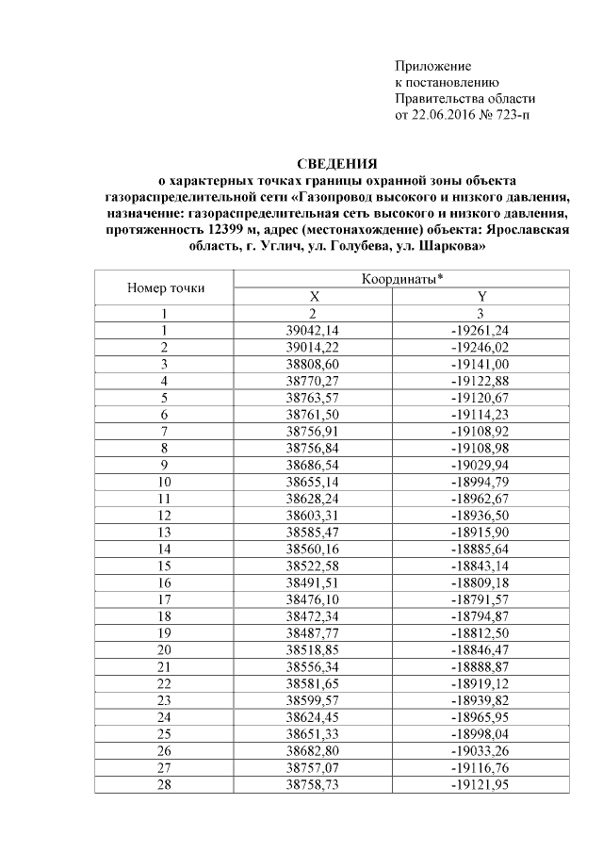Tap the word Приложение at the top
pyautogui.click(x=432, y=67)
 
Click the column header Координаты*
pyautogui.click(x=402, y=280)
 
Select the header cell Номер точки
pyautogui.click(x=165, y=288)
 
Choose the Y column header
pyautogui.click(x=481, y=297)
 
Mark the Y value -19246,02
pyautogui.click(x=481, y=347)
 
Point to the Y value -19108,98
pyautogui.click(x=481, y=448)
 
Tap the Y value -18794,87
pyautogui.click(x=481, y=615)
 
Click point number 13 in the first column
pyautogui.click(x=164, y=532)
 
